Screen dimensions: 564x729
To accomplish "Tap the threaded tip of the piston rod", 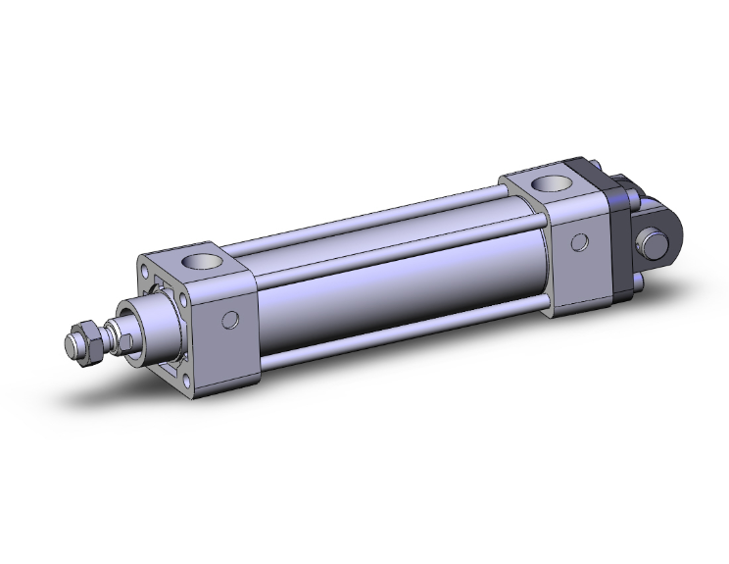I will tap(71, 345).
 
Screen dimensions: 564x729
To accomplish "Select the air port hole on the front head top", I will tap(208, 262).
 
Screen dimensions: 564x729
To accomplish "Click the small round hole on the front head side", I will tap(231, 319).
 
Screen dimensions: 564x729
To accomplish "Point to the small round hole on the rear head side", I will tap(581, 241).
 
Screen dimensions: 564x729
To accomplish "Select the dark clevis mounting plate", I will tap(620, 236).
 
